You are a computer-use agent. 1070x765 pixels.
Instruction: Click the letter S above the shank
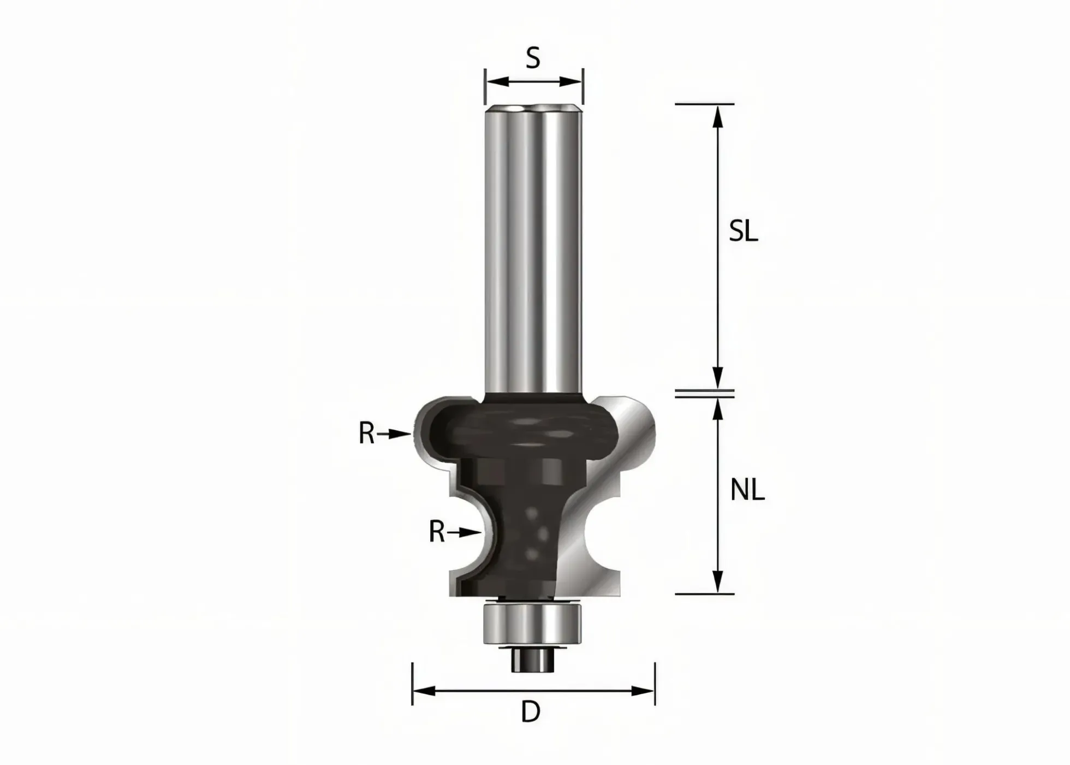[533, 58]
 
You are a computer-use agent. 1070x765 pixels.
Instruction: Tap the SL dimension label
[744, 232]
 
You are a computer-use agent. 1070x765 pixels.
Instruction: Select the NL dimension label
[747, 490]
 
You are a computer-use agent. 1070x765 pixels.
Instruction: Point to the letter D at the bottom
[531, 712]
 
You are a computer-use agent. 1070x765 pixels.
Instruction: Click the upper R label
[367, 434]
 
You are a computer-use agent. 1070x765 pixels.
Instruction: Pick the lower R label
[437, 532]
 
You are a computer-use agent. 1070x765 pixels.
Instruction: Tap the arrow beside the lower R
[465, 532]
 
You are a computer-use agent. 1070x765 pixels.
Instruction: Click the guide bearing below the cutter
[533, 623]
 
